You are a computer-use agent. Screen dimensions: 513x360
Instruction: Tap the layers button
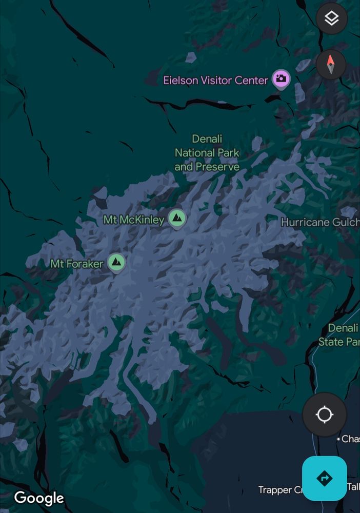click(x=332, y=19)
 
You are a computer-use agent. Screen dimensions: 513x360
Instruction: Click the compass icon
click(x=331, y=64)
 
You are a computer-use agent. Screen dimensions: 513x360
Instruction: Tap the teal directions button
click(x=325, y=478)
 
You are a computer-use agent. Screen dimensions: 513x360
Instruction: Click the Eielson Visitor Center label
click(x=215, y=80)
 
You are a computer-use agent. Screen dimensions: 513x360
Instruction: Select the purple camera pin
click(x=281, y=78)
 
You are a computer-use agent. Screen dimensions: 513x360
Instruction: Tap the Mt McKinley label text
click(x=134, y=220)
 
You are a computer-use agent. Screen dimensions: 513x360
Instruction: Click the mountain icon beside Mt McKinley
click(x=177, y=219)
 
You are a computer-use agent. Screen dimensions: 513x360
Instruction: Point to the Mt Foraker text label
click(x=77, y=264)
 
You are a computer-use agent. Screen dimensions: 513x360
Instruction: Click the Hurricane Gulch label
click(x=319, y=222)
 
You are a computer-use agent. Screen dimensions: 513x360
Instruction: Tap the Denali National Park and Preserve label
click(x=207, y=153)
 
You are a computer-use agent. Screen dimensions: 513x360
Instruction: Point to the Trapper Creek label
click(x=275, y=490)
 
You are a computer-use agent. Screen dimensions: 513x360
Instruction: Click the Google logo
click(x=39, y=498)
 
